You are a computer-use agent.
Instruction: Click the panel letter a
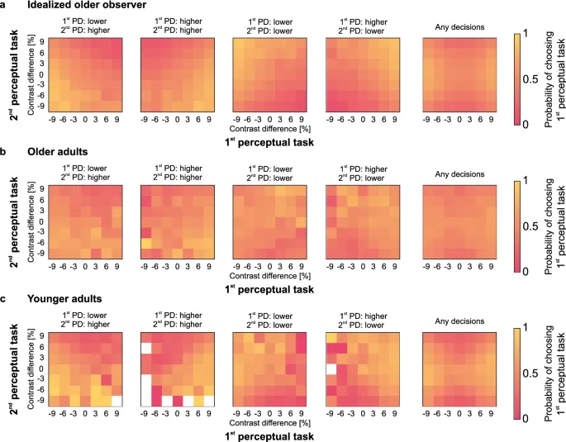[5, 7]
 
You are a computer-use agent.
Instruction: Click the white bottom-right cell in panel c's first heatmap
[117, 400]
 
